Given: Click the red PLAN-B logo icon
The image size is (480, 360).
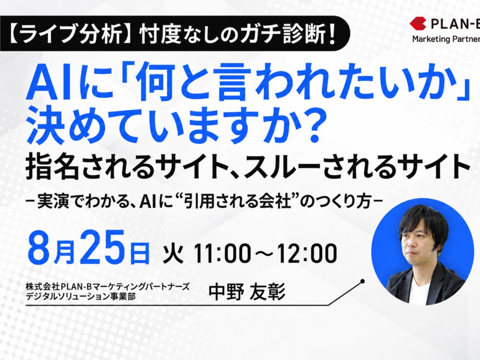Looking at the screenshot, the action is pos(418,24).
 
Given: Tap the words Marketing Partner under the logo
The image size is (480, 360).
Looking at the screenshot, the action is pos(446,39).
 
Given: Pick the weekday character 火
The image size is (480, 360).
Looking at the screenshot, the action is pos(173,253).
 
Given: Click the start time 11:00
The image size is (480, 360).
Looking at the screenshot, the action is pos(222,253).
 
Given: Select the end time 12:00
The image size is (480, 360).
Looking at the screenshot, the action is pos(307,253).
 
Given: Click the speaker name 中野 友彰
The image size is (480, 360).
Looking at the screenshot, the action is pos(247,292).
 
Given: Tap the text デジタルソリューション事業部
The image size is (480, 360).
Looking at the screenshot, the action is pos(81,296).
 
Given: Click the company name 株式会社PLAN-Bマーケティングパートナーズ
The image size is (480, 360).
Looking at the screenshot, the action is pos(108,287).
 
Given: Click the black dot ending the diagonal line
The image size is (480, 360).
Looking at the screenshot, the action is pos(362,281).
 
